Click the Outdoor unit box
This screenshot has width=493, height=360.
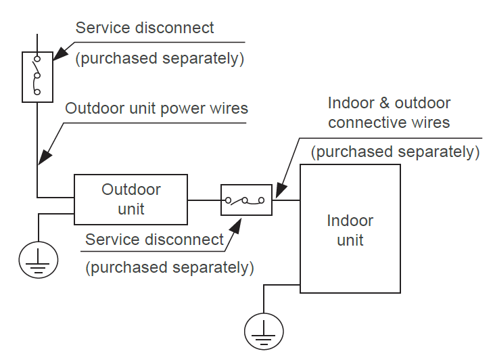[131, 200]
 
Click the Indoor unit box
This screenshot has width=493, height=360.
[350, 229]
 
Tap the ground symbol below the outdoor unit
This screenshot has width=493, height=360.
[38, 258]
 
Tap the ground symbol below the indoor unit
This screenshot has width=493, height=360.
[264, 330]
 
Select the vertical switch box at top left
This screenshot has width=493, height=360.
[37, 76]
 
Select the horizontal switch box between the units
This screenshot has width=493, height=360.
[246, 200]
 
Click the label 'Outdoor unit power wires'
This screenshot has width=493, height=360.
[156, 108]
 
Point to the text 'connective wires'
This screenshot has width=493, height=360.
[389, 122]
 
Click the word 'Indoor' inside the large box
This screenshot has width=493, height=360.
[350, 221]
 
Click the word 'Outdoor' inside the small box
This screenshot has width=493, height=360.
[131, 190]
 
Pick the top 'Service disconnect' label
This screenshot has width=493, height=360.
[144, 28]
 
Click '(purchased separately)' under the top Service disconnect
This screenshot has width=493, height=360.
[159, 59]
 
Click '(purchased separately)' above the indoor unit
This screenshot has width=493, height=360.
[395, 152]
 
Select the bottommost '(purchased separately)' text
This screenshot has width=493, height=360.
[169, 267]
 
